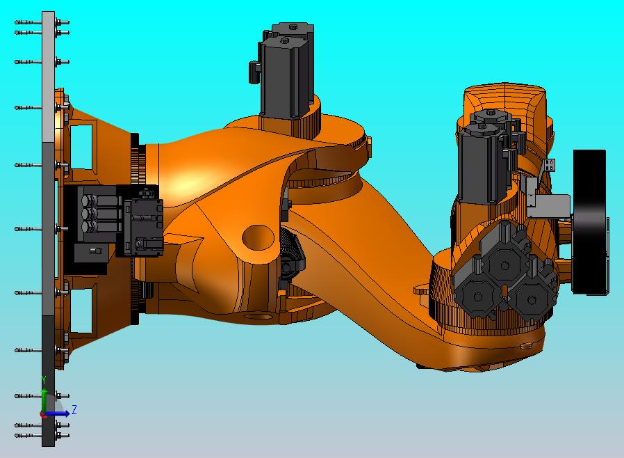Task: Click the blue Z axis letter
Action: point(74,410)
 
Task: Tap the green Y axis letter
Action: point(44,380)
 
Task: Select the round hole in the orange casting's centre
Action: point(258,236)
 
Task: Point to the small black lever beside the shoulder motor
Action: point(254,70)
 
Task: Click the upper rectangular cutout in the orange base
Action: point(83,145)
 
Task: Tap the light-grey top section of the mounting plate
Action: point(48,77)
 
